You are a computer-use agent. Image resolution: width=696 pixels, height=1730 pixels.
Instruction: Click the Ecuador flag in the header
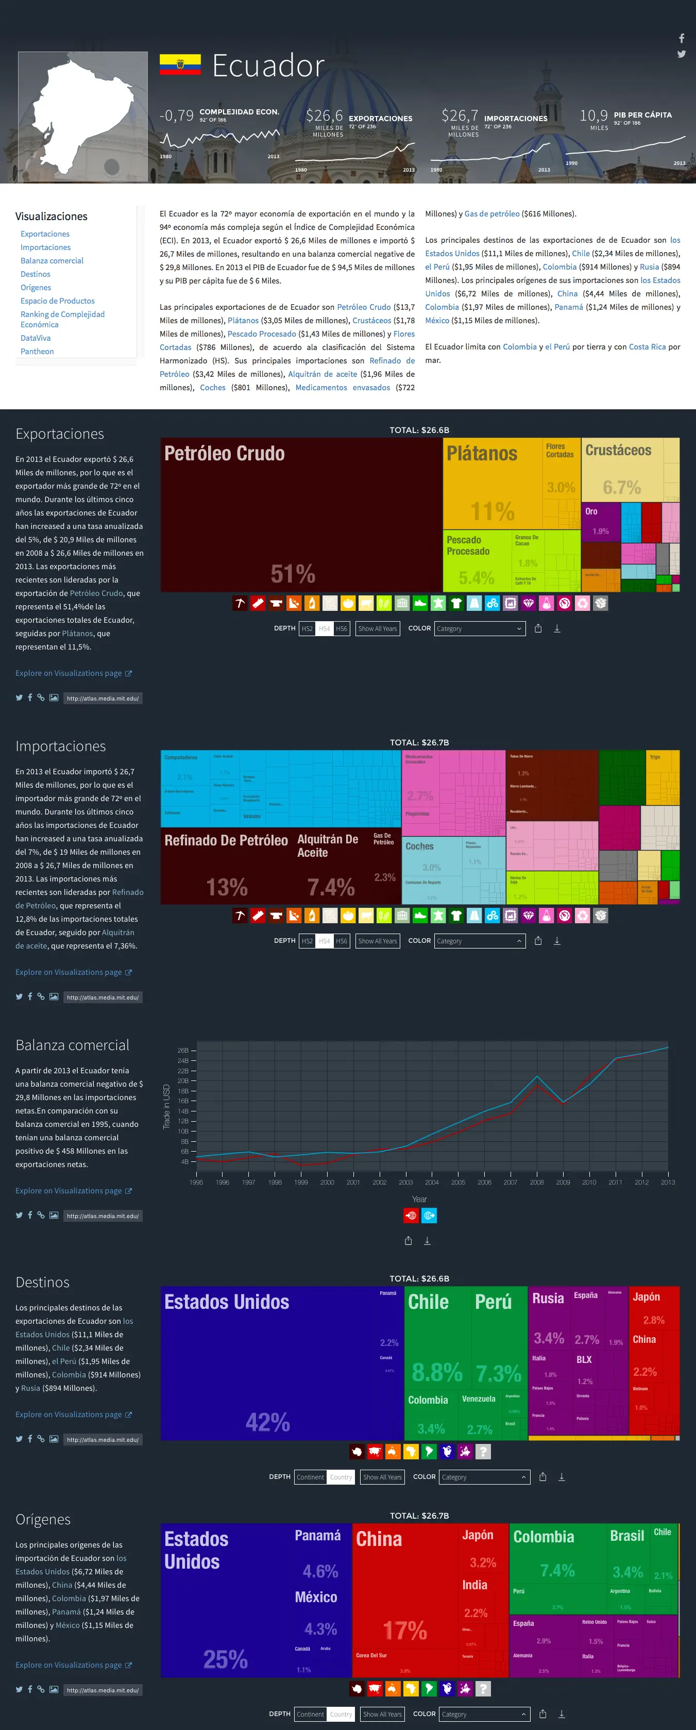tap(180, 64)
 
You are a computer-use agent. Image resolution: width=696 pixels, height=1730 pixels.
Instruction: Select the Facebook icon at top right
tap(681, 38)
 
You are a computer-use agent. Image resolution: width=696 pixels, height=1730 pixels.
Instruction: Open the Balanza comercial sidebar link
tap(52, 260)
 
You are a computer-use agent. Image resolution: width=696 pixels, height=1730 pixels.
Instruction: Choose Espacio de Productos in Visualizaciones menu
tap(57, 301)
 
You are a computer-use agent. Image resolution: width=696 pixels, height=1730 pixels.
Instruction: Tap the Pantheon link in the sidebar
tap(37, 351)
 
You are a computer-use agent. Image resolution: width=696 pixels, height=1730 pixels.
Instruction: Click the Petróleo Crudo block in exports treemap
tap(301, 514)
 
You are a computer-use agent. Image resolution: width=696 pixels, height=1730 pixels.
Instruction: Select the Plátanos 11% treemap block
tap(492, 484)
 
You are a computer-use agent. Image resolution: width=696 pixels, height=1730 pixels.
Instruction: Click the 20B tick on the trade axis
tap(183, 1080)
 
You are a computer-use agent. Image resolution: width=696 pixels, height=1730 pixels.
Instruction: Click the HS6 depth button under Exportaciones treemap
tap(342, 628)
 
